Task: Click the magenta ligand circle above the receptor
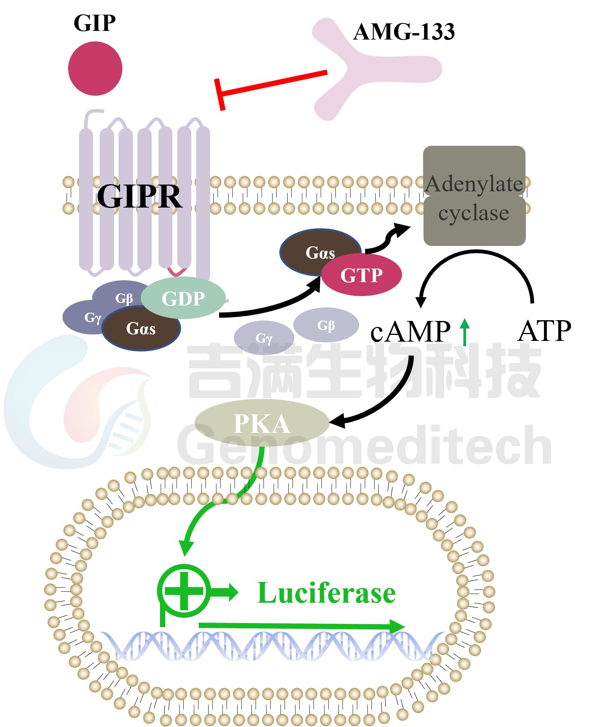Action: pyautogui.click(x=95, y=69)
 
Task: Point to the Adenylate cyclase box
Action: pyautogui.click(x=474, y=196)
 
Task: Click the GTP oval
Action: pyautogui.click(x=361, y=275)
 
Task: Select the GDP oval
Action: pyautogui.click(x=183, y=298)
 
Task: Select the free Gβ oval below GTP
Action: pyautogui.click(x=326, y=325)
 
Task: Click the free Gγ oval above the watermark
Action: pyautogui.click(x=264, y=338)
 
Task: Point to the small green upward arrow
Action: pyautogui.click(x=465, y=331)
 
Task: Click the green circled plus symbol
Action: pyautogui.click(x=184, y=591)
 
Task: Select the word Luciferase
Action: pyautogui.click(x=326, y=593)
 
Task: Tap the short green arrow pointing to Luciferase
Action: pyautogui.click(x=226, y=592)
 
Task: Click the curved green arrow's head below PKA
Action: pyautogui.click(x=186, y=548)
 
